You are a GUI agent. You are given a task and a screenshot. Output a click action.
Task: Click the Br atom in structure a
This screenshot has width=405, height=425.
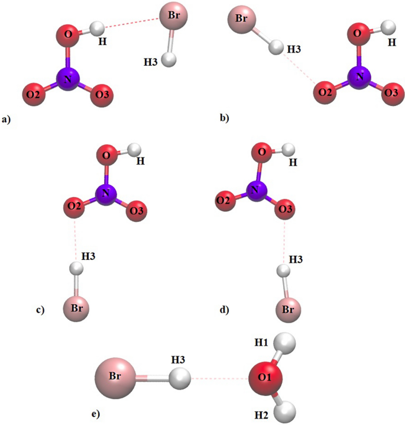click(173, 18)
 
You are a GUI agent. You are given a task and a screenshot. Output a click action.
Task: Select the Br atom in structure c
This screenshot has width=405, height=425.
click(77, 308)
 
